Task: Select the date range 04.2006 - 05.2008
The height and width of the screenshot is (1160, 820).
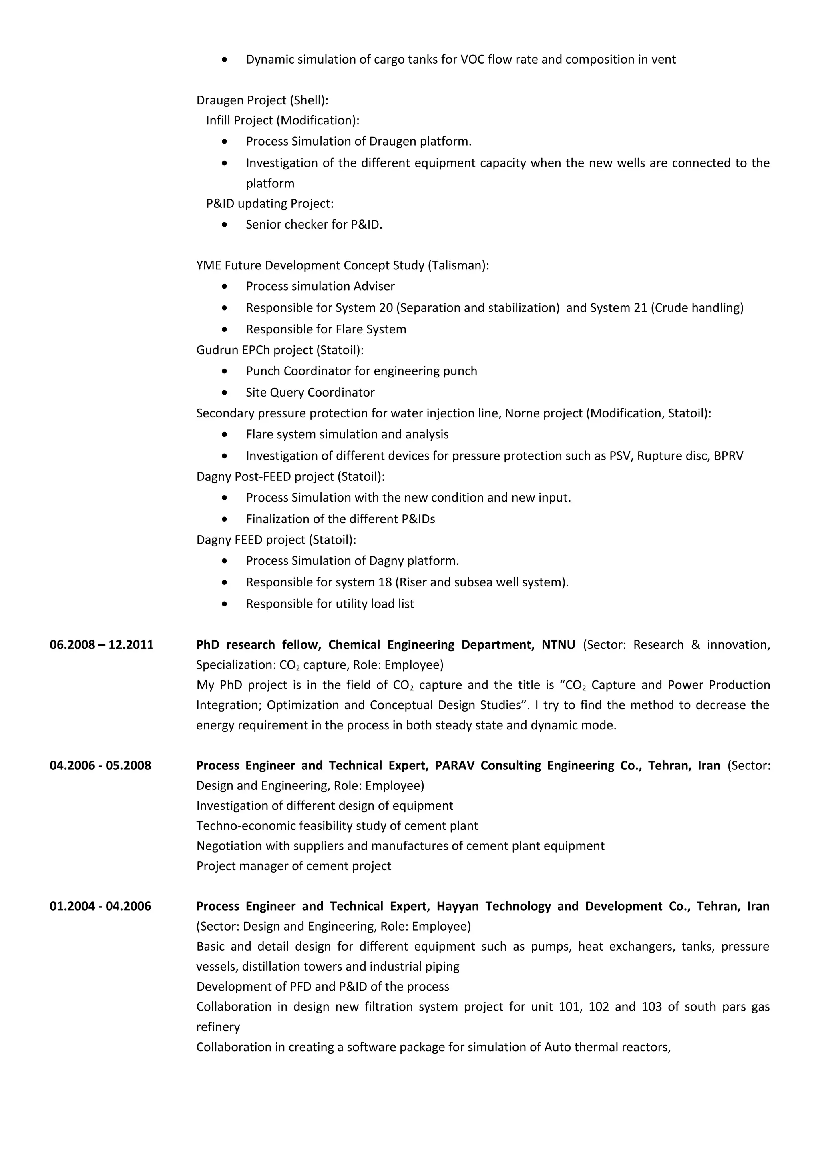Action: [100, 765]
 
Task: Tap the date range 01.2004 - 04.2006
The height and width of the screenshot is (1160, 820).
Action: [100, 906]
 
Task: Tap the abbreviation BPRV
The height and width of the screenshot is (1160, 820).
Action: [728, 456]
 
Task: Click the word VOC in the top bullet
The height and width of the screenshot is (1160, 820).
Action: [472, 60]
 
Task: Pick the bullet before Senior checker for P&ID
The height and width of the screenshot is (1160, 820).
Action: [224, 224]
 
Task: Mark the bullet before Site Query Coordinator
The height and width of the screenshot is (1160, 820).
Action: [224, 393]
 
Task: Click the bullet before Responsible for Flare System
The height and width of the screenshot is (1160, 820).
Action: [224, 329]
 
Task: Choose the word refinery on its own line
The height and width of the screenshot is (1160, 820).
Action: [218, 1027]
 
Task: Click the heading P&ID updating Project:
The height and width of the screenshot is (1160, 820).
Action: [270, 204]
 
